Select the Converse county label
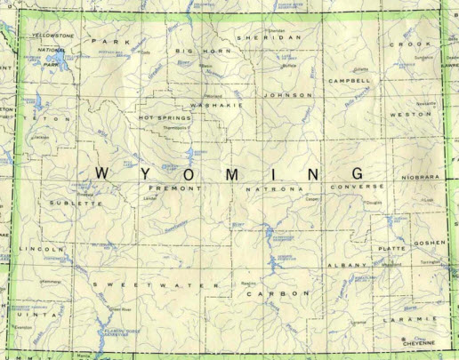[x=358, y=187]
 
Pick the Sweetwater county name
[x=149, y=284]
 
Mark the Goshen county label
[x=429, y=242]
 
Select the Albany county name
[x=341, y=266]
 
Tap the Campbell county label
[x=349, y=80]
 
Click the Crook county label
[x=409, y=43]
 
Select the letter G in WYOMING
[x=357, y=172]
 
